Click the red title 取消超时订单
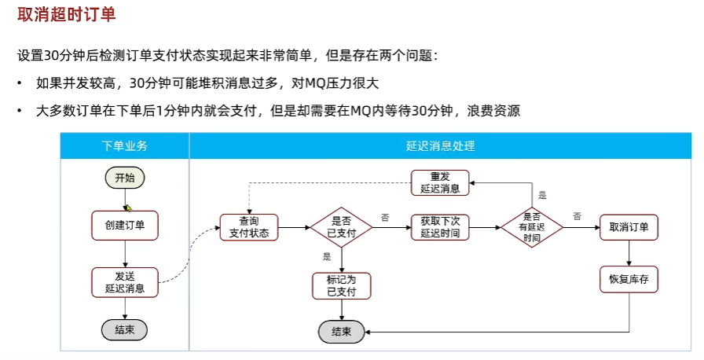pyautogui.click(x=67, y=14)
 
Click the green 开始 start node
pyautogui.click(x=125, y=178)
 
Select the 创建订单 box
pyautogui.click(x=125, y=226)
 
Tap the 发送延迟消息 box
pyautogui.click(x=125, y=282)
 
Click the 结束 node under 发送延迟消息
pyautogui.click(x=124, y=330)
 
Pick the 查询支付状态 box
pyautogui.click(x=249, y=227)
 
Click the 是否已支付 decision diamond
pyautogui.click(x=341, y=227)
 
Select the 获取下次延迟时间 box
pyautogui.click(x=440, y=227)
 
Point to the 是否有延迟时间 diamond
pyautogui.click(x=532, y=227)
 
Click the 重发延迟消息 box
pyautogui.click(x=440, y=182)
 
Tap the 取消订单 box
pyautogui.click(x=629, y=227)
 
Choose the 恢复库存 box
pyautogui.click(x=629, y=279)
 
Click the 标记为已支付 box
pyautogui.click(x=342, y=286)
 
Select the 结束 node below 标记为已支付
pyautogui.click(x=341, y=332)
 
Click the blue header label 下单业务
pyautogui.click(x=124, y=146)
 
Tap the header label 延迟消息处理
pyautogui.click(x=441, y=146)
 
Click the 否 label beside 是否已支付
pyautogui.click(x=385, y=218)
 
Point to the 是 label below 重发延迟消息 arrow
pyautogui.click(x=542, y=195)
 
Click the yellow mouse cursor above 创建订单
pyautogui.click(x=129, y=208)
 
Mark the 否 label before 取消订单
pyautogui.click(x=577, y=216)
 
